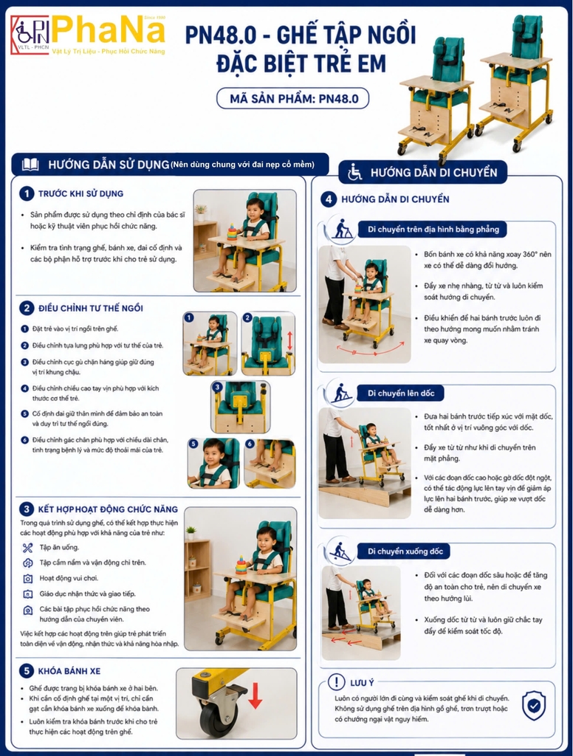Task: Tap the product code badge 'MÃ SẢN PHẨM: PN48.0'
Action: coord(293,99)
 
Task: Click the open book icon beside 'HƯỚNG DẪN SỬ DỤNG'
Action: coord(30,165)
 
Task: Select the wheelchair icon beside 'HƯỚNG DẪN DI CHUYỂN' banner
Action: coord(355,172)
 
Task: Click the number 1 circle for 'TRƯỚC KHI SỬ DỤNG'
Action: coord(27,193)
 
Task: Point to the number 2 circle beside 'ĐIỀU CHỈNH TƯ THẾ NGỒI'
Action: coord(27,308)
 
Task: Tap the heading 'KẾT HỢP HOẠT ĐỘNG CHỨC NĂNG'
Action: coord(108,509)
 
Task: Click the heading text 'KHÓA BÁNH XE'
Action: coord(69,670)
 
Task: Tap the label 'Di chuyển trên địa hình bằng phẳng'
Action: coord(433,229)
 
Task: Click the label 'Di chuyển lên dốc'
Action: coord(401,393)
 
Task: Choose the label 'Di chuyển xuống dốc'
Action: coord(405,551)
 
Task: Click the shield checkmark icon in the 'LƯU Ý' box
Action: coord(534,705)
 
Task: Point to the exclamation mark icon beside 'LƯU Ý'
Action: coord(336,681)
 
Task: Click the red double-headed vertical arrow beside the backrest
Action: coord(289,340)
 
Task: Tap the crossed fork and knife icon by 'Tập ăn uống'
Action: coord(27,547)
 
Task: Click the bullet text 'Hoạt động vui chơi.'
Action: coord(69,578)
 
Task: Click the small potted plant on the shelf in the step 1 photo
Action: coord(201,210)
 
